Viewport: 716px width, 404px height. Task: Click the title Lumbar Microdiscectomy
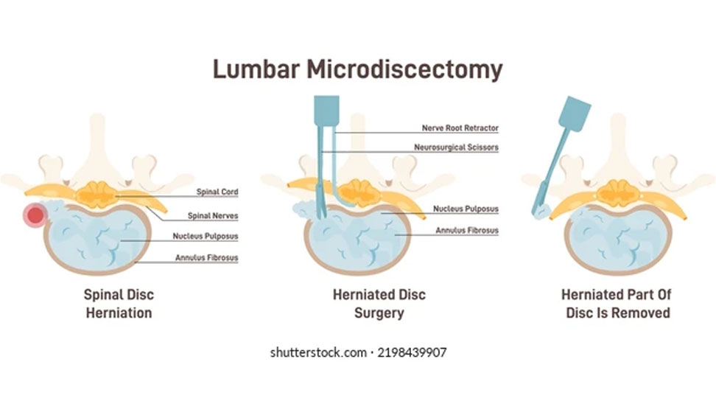(357, 69)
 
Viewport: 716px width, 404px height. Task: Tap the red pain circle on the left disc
(35, 215)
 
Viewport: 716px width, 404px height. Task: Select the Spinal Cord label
(217, 192)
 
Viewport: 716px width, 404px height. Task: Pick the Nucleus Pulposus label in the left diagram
(206, 237)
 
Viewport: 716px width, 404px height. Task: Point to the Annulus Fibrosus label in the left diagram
(206, 258)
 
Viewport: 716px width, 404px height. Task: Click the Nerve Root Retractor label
(460, 128)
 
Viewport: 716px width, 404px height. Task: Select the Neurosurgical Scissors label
(456, 147)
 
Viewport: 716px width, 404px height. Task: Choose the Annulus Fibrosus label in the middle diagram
(466, 231)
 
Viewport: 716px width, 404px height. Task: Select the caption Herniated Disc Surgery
(379, 303)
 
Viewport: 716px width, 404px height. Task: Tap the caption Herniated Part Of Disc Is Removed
(617, 303)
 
